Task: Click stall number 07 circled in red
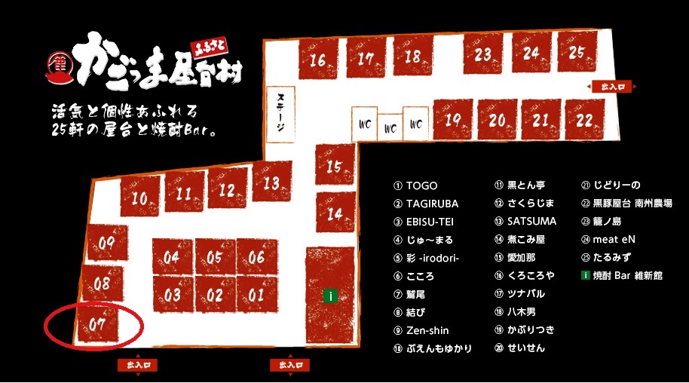[x=97, y=325]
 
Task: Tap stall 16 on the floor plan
[x=317, y=59]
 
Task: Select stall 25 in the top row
[x=577, y=53]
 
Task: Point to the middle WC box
[x=390, y=127]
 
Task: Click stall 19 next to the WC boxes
[x=452, y=120]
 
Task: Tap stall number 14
[x=335, y=213]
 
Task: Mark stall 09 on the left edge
[x=106, y=243]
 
